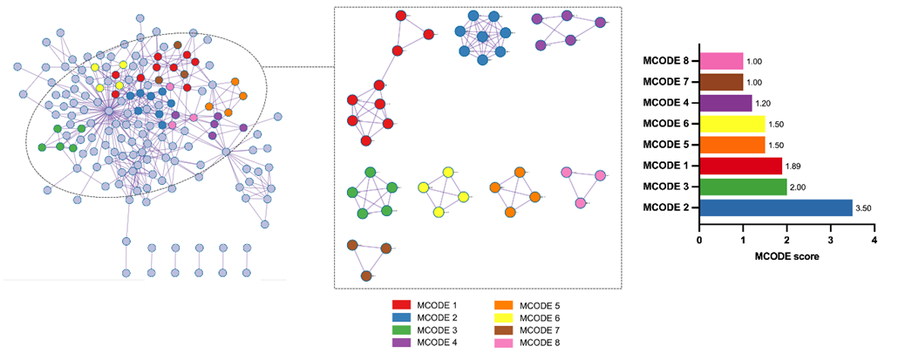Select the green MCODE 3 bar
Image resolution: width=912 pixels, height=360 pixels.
pos(743,187)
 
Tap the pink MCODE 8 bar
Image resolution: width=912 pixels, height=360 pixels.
pos(721,61)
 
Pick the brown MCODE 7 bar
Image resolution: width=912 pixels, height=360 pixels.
pos(721,82)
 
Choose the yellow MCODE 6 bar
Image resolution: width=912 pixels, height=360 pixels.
pos(732,124)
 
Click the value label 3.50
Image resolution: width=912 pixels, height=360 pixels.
pos(864,208)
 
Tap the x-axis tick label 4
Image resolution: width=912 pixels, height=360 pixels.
pos(874,240)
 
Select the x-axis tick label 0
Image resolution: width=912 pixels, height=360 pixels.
pos(699,240)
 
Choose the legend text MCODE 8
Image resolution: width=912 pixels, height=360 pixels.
pos(540,343)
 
